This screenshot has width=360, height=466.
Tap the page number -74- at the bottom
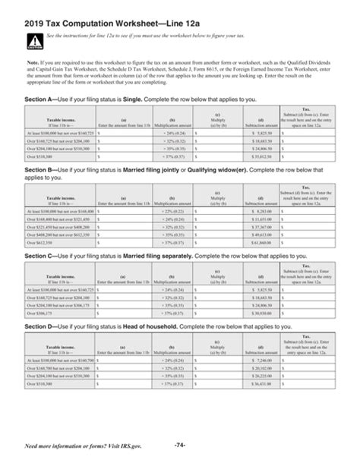pyautogui.click(x=179, y=442)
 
